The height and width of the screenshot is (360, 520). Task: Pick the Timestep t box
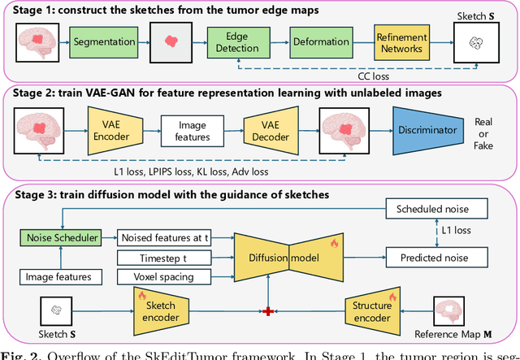click(x=165, y=258)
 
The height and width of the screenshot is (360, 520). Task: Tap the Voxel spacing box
click(x=165, y=277)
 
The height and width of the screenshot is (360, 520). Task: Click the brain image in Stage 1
click(x=37, y=39)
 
